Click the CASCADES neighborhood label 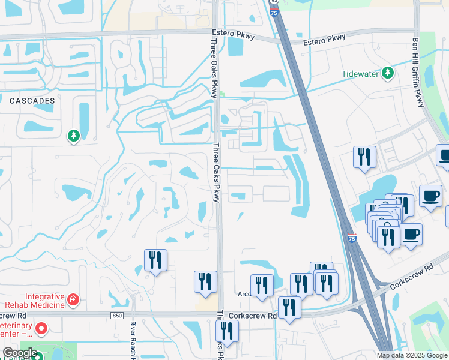click(x=32, y=101)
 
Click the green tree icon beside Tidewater click(x=388, y=73)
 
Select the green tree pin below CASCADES click(x=74, y=136)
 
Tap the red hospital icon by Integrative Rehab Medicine click(x=73, y=298)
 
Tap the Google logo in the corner click(x=20, y=353)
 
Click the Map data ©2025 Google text click(x=412, y=355)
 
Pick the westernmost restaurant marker click(x=155, y=260)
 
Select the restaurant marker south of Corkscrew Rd click(x=227, y=331)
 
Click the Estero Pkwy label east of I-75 click(x=325, y=40)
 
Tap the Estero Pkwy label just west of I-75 click(x=234, y=35)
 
